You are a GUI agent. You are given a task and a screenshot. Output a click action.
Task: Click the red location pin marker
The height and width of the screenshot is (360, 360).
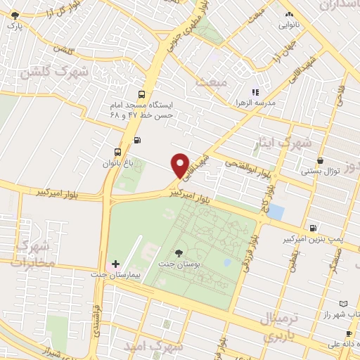tap(180, 165)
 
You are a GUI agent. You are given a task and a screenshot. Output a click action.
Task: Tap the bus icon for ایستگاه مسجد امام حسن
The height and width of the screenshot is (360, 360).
tap(142, 94)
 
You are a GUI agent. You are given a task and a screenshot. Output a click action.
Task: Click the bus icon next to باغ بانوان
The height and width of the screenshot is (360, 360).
tap(117, 151)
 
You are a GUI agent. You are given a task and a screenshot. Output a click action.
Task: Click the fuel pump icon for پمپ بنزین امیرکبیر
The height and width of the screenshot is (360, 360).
tap(313, 228)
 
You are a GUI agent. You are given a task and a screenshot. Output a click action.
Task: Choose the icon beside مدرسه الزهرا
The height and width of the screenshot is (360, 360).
tap(256, 91)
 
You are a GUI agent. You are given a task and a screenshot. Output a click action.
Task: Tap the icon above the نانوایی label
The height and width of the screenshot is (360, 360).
tap(289, 15)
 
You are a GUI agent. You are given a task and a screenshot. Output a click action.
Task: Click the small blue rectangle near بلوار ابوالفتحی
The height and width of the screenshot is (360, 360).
tap(277, 212)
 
